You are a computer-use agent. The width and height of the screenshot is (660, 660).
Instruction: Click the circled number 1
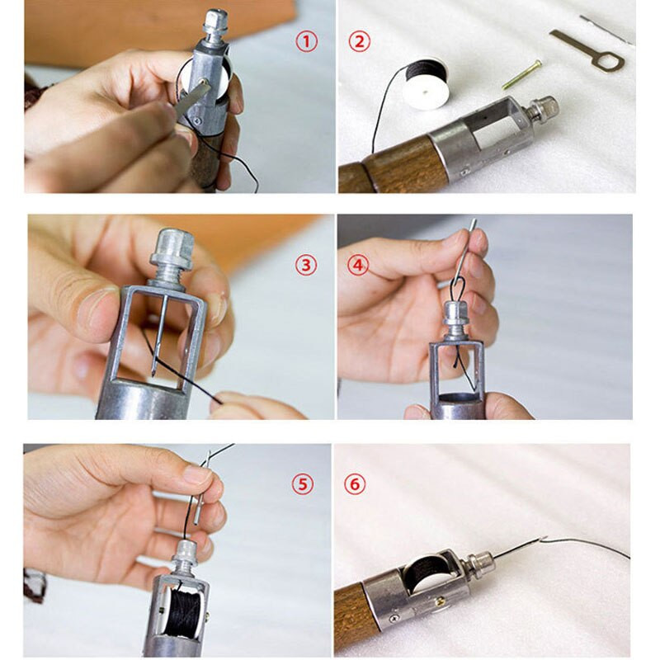[x=306, y=42]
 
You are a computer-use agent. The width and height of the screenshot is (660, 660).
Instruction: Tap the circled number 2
[x=359, y=42]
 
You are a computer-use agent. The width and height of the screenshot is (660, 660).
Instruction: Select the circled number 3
[x=305, y=266]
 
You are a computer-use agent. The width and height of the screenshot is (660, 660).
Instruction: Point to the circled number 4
[x=358, y=266]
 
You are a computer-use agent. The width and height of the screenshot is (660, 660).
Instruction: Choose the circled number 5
[x=303, y=484]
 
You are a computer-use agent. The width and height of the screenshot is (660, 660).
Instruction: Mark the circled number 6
[x=355, y=484]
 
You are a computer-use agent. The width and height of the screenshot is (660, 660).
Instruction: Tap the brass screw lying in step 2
[x=521, y=74]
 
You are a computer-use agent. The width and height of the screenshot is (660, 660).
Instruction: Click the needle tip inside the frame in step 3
[x=153, y=373]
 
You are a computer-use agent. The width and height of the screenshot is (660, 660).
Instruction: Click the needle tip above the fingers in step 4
[x=474, y=220]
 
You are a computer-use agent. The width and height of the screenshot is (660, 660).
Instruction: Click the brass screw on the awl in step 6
[x=441, y=601]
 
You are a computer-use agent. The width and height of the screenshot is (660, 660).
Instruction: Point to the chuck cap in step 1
[x=215, y=21]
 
